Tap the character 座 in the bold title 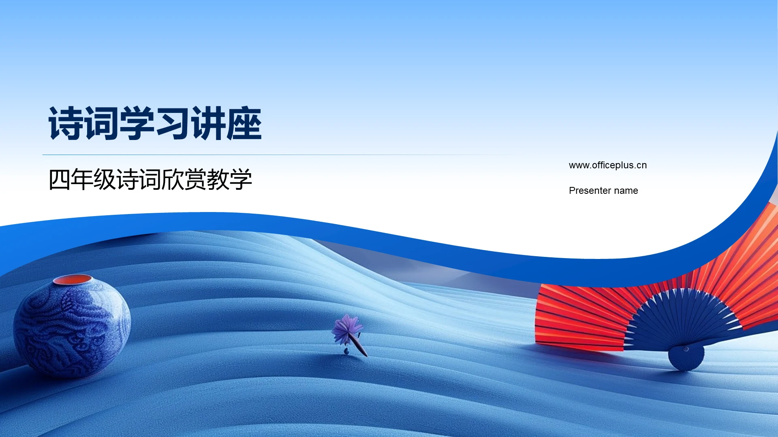coord(244,124)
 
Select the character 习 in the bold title coord(172,124)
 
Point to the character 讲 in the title coord(208,124)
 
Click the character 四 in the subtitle coord(60,180)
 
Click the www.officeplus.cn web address coord(607,165)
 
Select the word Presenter coord(589,191)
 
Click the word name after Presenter coord(626,191)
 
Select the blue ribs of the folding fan coord(681,320)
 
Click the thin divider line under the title coord(284,155)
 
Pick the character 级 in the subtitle coord(105,180)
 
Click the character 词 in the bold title coord(101,124)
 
